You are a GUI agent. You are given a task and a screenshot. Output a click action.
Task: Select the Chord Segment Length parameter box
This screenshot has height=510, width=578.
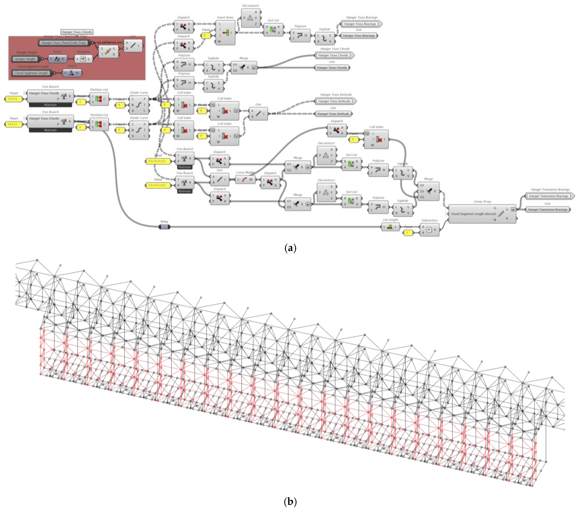[x=31, y=73]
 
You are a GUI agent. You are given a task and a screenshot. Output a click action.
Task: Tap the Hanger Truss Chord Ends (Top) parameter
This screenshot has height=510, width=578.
[x=63, y=43]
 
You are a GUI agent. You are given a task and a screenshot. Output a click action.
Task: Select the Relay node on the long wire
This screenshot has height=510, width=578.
[x=164, y=227]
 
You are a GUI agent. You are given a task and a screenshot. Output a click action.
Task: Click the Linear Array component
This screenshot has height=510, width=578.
[x=482, y=214]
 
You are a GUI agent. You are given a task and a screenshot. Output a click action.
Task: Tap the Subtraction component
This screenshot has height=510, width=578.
[x=429, y=230]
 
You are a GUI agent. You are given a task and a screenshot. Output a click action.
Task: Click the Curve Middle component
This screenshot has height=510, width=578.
[x=245, y=180]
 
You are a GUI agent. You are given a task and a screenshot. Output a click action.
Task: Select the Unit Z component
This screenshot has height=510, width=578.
[x=57, y=59]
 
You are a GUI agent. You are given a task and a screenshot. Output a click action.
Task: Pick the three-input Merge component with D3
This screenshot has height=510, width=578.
[x=429, y=191]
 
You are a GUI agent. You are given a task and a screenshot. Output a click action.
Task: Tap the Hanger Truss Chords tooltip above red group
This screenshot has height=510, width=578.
[x=77, y=32]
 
